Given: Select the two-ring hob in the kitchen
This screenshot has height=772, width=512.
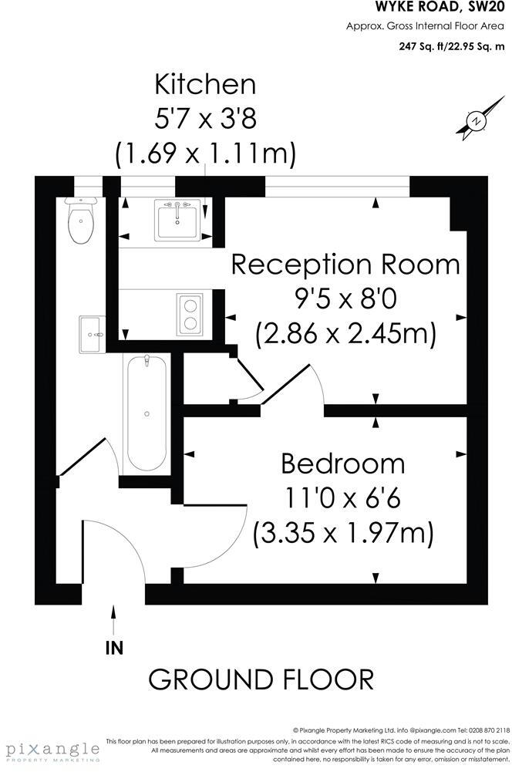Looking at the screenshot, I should pyautogui.click(x=189, y=313).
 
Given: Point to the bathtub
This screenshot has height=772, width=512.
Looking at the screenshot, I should pyautogui.click(x=147, y=413).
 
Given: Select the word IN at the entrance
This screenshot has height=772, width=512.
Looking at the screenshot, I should pyautogui.click(x=114, y=648).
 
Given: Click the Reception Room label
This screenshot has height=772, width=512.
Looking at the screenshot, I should pyautogui.click(x=345, y=265).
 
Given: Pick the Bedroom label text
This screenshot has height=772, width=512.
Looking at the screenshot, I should pyautogui.click(x=342, y=464).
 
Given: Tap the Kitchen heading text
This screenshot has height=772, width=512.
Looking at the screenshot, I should pyautogui.click(x=205, y=83).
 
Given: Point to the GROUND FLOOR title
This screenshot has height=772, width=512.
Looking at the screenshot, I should pyautogui.click(x=261, y=679).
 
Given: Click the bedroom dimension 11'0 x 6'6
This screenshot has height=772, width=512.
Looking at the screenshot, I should pyautogui.click(x=343, y=498).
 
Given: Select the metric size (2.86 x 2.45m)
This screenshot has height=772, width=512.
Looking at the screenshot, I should pyautogui.click(x=345, y=334).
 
